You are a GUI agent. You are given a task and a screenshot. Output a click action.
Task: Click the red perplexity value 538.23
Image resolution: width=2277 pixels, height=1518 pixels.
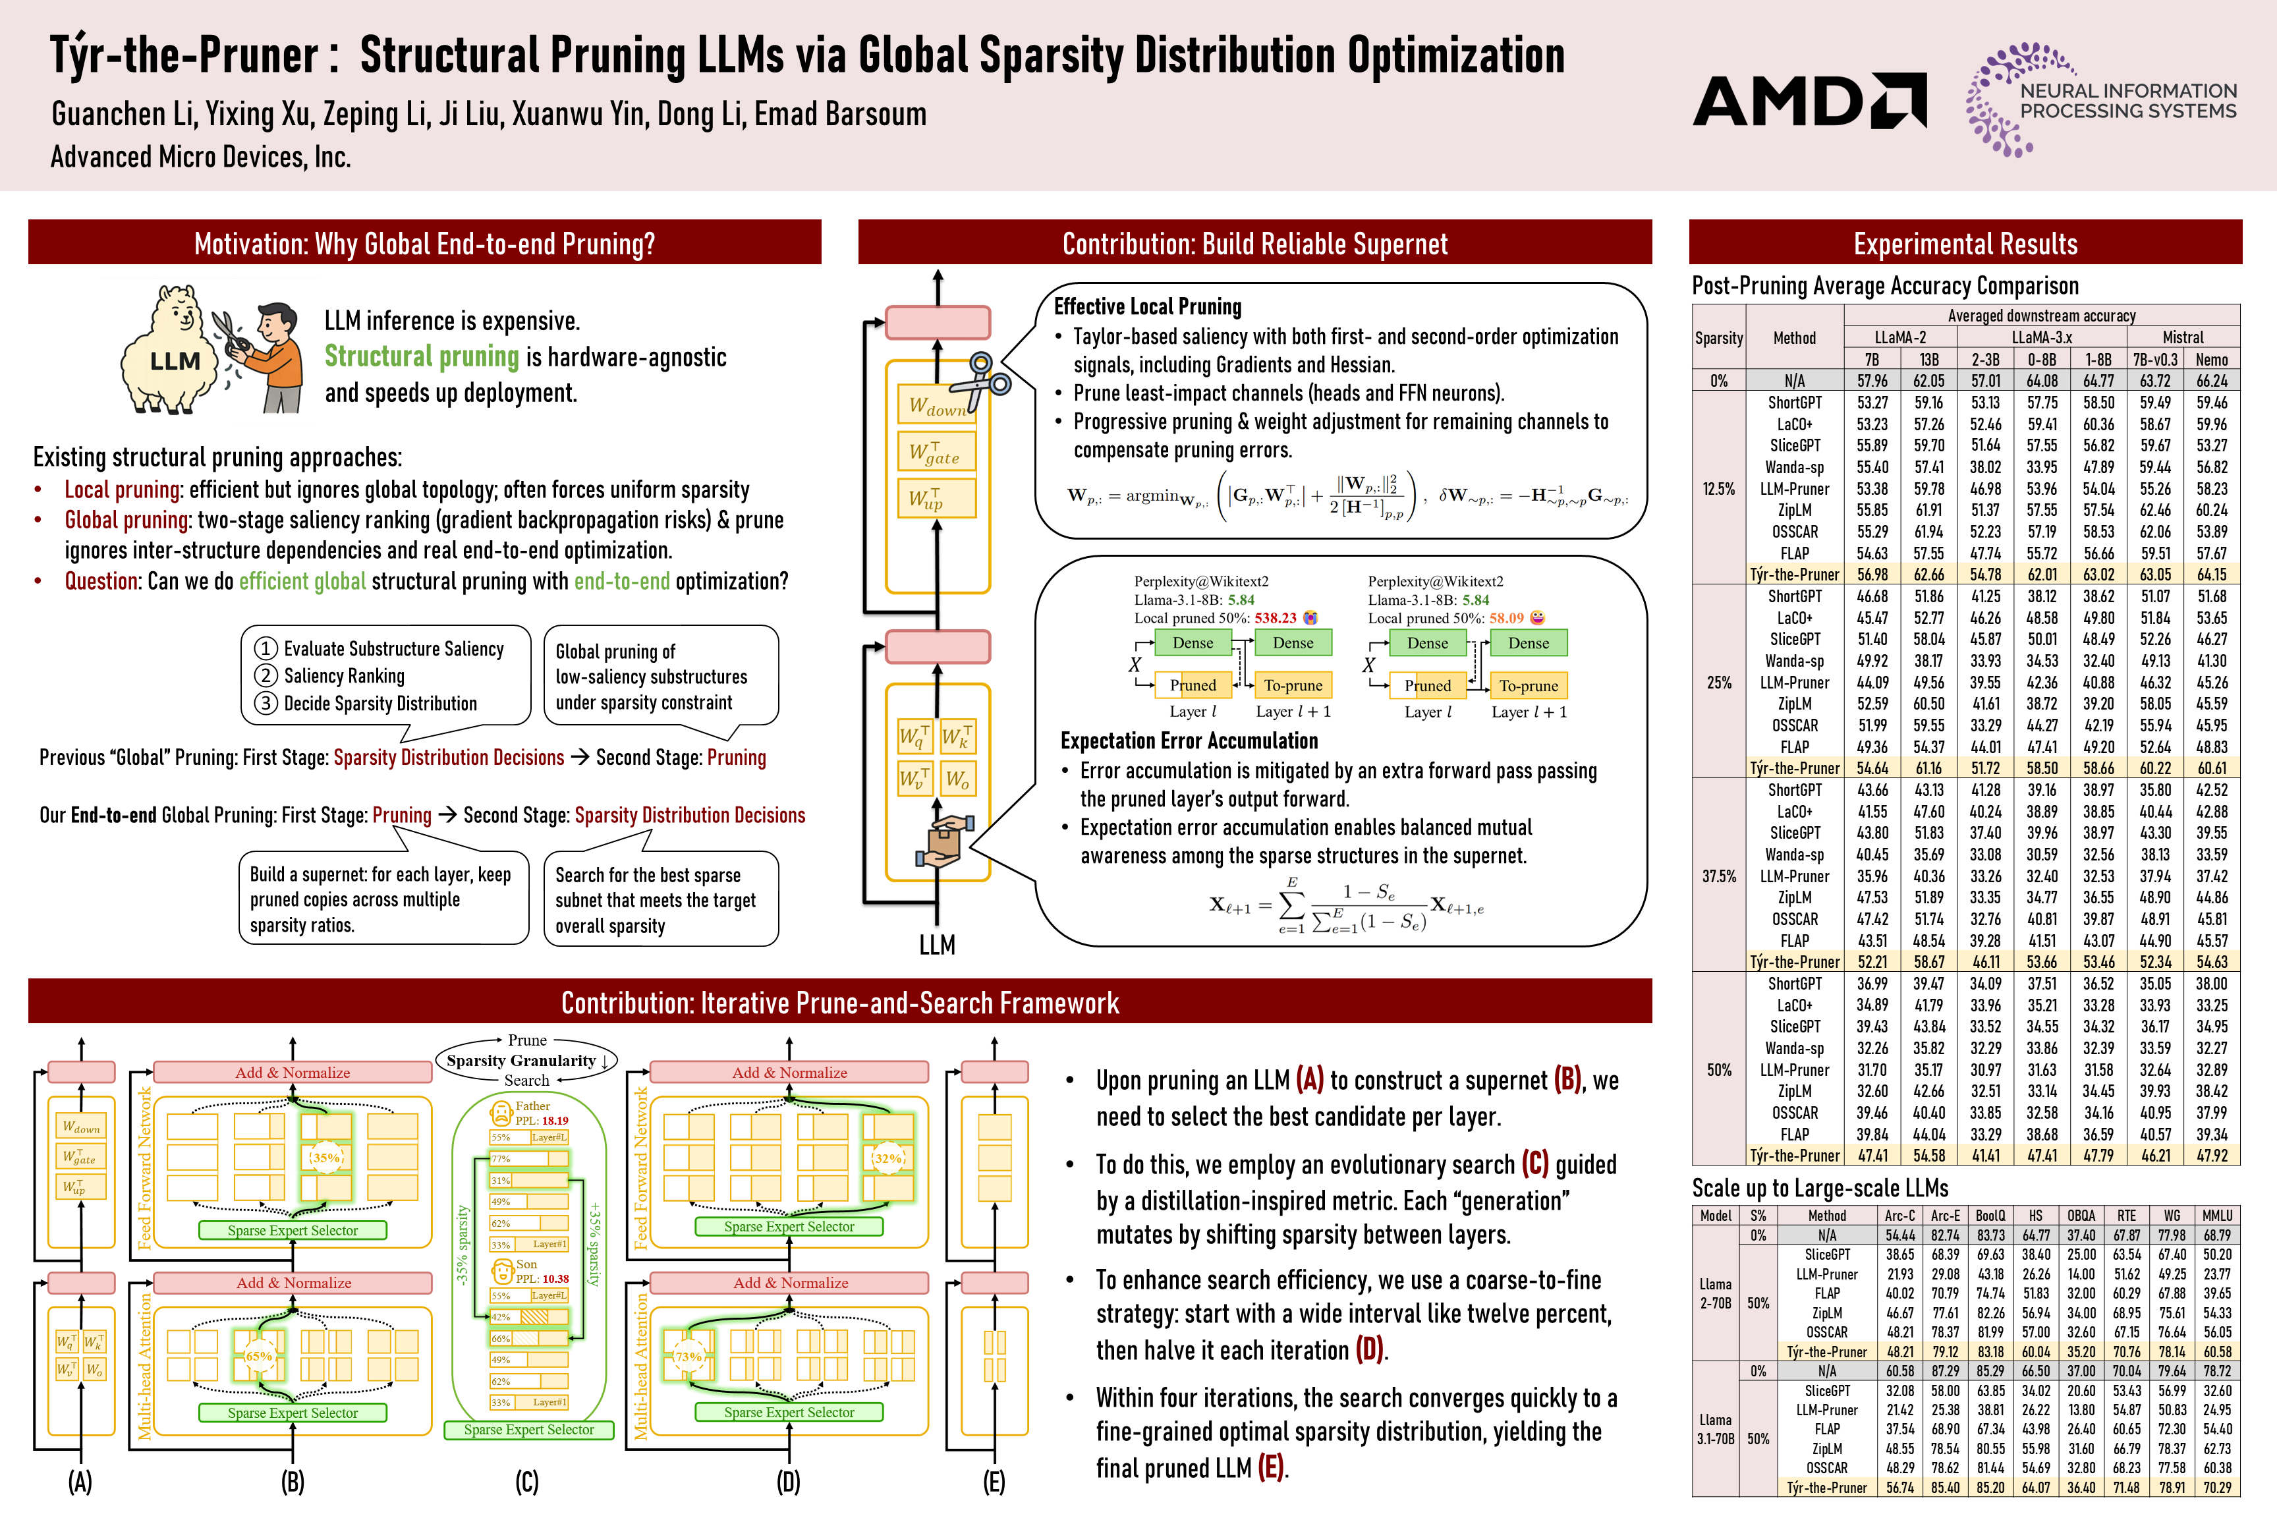[1275, 617]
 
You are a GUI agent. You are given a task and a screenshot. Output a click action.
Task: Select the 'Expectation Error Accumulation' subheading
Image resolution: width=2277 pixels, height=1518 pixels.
[1189, 741]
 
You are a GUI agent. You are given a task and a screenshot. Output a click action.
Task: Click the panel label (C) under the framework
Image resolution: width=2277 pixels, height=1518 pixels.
[526, 1481]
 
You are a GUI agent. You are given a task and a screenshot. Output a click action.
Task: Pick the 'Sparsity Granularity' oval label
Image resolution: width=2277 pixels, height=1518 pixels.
[526, 1060]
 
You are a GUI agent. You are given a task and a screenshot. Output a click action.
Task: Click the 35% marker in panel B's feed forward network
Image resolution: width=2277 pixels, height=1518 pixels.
[326, 1157]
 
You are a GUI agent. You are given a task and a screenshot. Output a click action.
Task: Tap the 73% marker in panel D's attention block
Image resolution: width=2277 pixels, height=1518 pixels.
[689, 1357]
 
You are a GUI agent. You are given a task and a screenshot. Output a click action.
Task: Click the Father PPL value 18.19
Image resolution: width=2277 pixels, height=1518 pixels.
[555, 1120]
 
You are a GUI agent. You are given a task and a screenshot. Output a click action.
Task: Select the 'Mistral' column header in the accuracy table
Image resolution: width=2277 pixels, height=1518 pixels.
[2182, 337]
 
